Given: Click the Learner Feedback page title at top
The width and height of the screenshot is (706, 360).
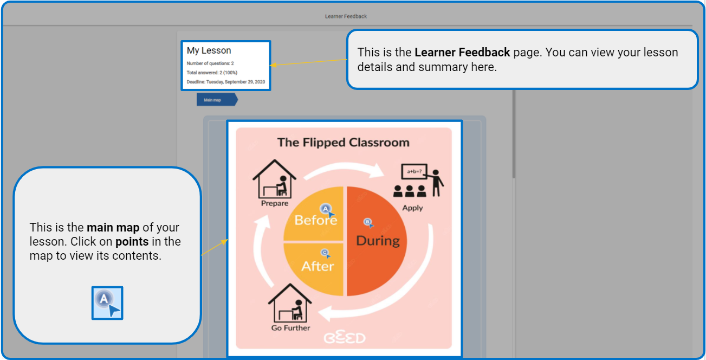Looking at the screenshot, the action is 346,16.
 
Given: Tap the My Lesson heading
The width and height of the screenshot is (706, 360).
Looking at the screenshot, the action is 209,50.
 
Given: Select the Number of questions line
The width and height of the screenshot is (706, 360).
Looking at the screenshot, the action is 210,63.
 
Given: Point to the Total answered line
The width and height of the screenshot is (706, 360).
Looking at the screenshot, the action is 212,73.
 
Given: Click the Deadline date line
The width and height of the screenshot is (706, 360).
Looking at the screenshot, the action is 225,82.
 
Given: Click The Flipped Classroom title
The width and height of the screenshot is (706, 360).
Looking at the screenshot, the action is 343,142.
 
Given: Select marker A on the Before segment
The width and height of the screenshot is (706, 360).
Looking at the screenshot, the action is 327,209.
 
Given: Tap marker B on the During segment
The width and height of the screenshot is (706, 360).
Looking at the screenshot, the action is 368,223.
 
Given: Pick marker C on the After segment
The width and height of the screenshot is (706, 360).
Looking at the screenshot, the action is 325,253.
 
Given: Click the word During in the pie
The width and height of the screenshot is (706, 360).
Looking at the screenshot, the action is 378,241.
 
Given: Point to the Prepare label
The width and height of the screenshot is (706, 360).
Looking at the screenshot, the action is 275,203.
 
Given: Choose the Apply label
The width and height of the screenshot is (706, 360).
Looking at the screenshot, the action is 412,208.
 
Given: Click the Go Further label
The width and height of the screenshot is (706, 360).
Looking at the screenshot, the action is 290,328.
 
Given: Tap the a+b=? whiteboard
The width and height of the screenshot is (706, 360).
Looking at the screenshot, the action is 414,172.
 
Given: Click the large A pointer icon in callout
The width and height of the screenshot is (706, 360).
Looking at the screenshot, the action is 107,303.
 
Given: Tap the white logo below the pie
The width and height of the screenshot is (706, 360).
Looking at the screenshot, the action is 345,338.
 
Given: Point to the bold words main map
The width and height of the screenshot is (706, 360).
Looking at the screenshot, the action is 113,228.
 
